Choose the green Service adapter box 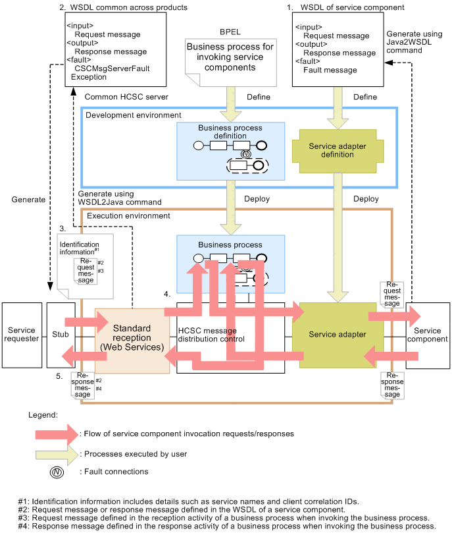pyautogui.click(x=338, y=335)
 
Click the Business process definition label pyautogui.click(x=230, y=132)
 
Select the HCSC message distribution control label pyautogui.click(x=211, y=335)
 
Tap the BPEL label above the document pyautogui.click(x=230, y=32)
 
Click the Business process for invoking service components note pyautogui.click(x=230, y=57)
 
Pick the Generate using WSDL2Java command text pyautogui.click(x=105, y=198)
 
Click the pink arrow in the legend pyautogui.click(x=57, y=434)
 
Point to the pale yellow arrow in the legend pyautogui.click(x=57, y=454)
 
